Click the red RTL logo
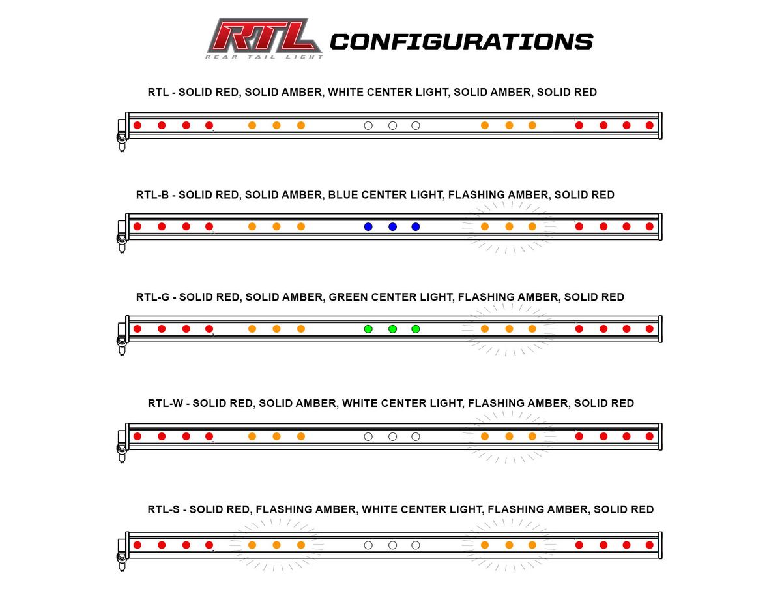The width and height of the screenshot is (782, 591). click(264, 38)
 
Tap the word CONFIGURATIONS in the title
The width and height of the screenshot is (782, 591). click(461, 42)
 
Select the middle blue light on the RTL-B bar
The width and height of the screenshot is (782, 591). click(392, 226)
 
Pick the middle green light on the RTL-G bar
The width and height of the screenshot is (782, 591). click(392, 329)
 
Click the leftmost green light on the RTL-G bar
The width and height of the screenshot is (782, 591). click(368, 329)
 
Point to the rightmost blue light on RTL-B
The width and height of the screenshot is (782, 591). click(416, 226)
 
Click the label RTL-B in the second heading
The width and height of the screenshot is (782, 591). click(153, 194)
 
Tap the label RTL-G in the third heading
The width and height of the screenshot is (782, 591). click(153, 297)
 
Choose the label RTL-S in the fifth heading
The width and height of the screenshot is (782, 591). click(164, 509)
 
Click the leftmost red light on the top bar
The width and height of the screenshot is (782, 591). click(138, 125)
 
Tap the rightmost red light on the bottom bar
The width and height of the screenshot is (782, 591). click(649, 545)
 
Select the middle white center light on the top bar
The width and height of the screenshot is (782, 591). click(392, 125)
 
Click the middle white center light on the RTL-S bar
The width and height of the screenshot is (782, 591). click(392, 545)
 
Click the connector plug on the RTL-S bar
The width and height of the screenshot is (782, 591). click(121, 555)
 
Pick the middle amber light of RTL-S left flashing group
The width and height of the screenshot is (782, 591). click(276, 545)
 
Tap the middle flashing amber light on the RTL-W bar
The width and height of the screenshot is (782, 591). click(509, 436)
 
